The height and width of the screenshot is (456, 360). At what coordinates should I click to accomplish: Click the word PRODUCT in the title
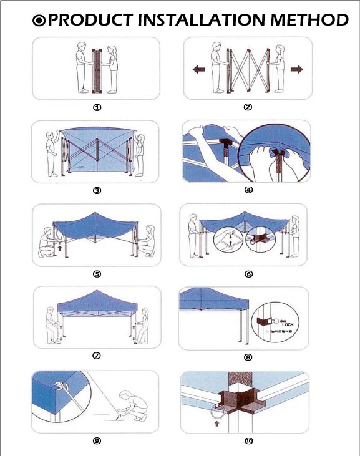pos(90,21)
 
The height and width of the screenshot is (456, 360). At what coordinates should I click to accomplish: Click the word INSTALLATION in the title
pos(200,21)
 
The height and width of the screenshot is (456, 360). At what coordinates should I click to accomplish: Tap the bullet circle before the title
pos(39,21)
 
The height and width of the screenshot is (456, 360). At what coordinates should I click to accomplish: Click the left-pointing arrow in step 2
pos(198,70)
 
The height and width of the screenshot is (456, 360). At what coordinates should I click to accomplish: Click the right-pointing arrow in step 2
pos(296,69)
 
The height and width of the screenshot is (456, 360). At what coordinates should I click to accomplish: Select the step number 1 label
pos(97,107)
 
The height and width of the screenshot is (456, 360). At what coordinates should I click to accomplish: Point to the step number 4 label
pos(248,190)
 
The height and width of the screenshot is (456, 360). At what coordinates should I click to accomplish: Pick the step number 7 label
pos(97,356)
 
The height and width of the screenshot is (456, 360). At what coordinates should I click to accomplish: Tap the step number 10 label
pos(249,440)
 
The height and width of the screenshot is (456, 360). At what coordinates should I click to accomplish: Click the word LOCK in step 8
pos(287,324)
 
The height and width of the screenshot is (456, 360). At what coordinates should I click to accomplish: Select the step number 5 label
pos(97,273)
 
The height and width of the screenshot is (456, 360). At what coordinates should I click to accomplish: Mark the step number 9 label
pos(97,440)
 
